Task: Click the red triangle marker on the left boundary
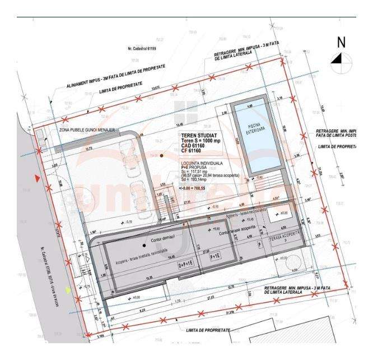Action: click(37, 178)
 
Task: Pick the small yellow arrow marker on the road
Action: click(68, 289)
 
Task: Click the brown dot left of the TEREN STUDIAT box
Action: click(161, 155)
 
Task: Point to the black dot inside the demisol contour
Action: click(144, 246)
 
